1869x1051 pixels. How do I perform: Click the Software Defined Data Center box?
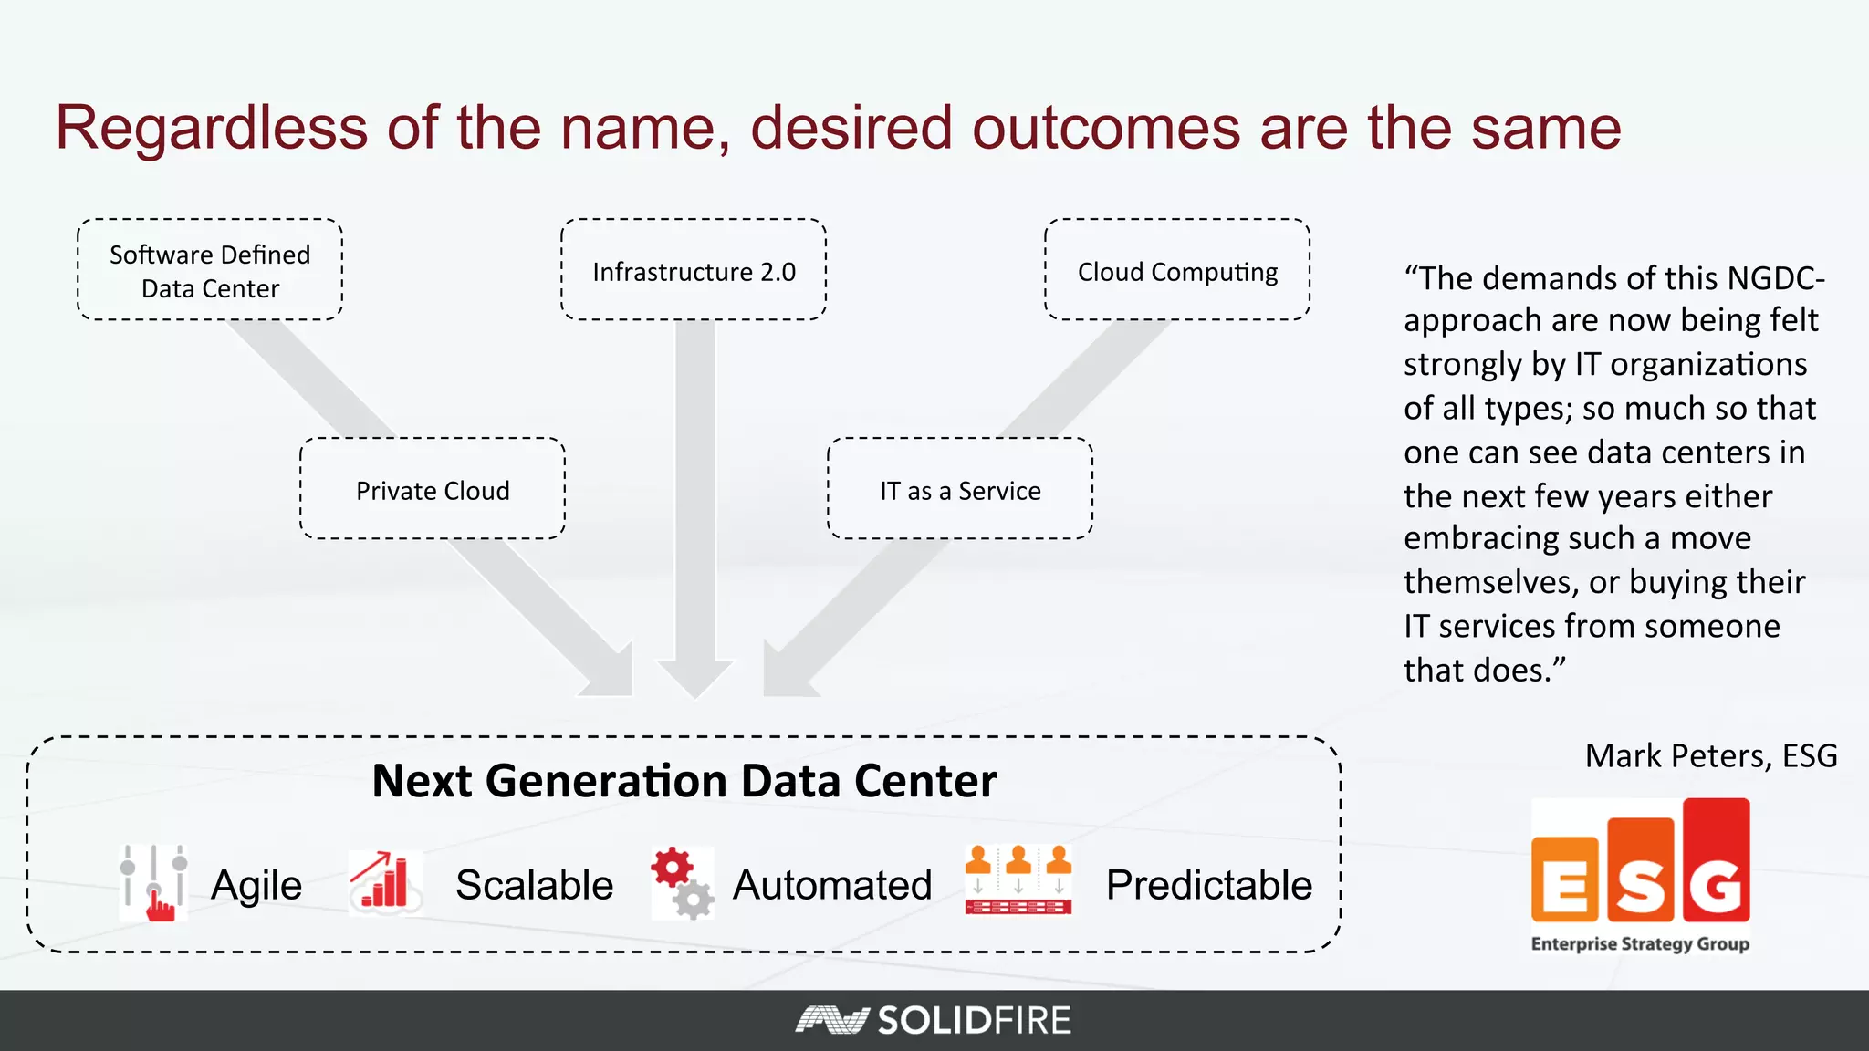210,270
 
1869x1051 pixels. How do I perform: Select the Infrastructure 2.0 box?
694,270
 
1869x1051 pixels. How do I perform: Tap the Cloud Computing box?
1177,270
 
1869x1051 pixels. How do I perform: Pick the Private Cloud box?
433,489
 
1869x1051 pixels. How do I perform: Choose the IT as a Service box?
960,489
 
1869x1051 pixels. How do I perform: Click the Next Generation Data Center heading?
684,781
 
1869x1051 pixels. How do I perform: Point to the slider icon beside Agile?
153,883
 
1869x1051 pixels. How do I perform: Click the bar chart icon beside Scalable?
385,881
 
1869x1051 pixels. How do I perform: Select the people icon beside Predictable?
1018,880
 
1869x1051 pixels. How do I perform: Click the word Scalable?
535,885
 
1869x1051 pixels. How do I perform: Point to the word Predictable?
1209,885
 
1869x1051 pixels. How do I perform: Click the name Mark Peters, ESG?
1711,755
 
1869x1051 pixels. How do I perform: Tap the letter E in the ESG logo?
1564,881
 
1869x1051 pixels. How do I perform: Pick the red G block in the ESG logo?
1717,862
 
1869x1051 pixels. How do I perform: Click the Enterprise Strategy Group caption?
1640,943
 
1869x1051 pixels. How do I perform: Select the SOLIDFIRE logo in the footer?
934,1020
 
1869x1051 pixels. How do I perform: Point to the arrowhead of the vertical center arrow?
694,679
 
